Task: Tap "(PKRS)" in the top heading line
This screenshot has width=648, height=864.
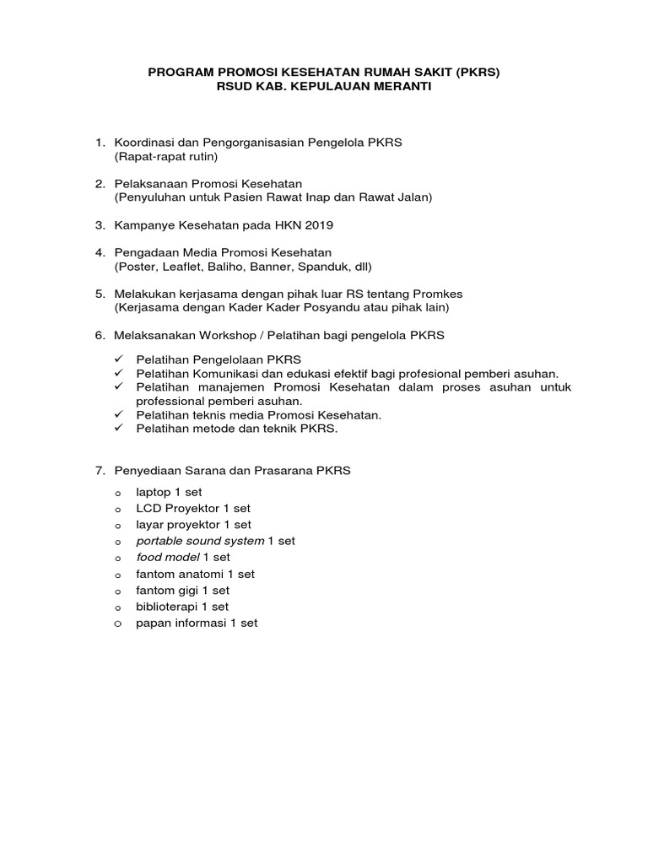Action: click(477, 73)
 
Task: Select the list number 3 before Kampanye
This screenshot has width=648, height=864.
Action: click(99, 224)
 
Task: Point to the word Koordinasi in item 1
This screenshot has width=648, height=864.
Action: click(143, 143)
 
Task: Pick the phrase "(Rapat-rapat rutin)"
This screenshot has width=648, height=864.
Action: click(166, 156)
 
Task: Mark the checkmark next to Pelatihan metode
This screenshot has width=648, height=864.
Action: click(119, 428)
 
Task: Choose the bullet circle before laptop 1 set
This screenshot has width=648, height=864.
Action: click(119, 493)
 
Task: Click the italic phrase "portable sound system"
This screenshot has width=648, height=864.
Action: click(199, 541)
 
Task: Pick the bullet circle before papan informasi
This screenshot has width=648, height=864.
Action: click(119, 624)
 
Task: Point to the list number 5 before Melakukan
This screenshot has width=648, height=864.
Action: click(99, 294)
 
